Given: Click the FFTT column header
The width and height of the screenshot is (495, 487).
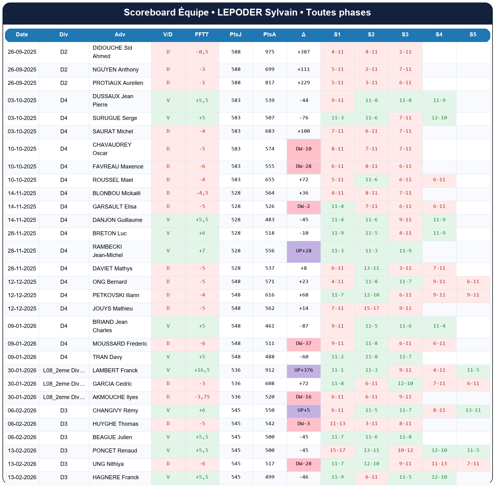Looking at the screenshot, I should coord(202,34).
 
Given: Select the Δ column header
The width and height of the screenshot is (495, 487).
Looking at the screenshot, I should coord(303,34).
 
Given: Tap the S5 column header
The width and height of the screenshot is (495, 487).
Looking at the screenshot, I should coord(473,34).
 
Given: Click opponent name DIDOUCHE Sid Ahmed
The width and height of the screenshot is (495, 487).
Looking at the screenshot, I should coord(112,52).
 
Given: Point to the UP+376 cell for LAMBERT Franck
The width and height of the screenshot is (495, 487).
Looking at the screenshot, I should coord(303,370).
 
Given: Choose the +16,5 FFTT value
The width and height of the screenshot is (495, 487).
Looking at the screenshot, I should coord(202,370).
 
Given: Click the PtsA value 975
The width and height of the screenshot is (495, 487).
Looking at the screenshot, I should coord(270,52).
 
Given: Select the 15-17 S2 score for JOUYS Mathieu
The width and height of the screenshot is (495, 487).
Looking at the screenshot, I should coord(371,308).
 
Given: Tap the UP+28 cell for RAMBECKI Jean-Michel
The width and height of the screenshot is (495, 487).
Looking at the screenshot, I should coord(303,251).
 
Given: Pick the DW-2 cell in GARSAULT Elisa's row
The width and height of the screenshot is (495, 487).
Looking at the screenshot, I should coord(303,206).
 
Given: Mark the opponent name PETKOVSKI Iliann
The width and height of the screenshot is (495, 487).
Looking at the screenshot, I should coord(116,295).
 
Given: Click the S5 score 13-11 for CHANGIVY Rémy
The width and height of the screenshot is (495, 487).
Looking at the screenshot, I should coord(473,410).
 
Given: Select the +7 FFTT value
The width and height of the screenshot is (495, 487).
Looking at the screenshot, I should coord(202,251).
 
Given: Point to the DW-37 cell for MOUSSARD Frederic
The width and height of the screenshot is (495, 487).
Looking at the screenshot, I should coord(303,343).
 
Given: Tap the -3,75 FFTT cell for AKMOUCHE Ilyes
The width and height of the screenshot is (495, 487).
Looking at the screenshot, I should coord(202,397).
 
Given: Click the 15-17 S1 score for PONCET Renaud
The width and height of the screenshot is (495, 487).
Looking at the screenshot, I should coord(337,450).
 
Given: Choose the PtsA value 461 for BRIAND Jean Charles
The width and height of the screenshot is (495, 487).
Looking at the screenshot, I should coord(270,326).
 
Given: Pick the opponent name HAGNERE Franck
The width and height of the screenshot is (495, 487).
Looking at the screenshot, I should coord(116,477).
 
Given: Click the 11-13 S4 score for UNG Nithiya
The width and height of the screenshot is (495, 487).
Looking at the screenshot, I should coord(439,464).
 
